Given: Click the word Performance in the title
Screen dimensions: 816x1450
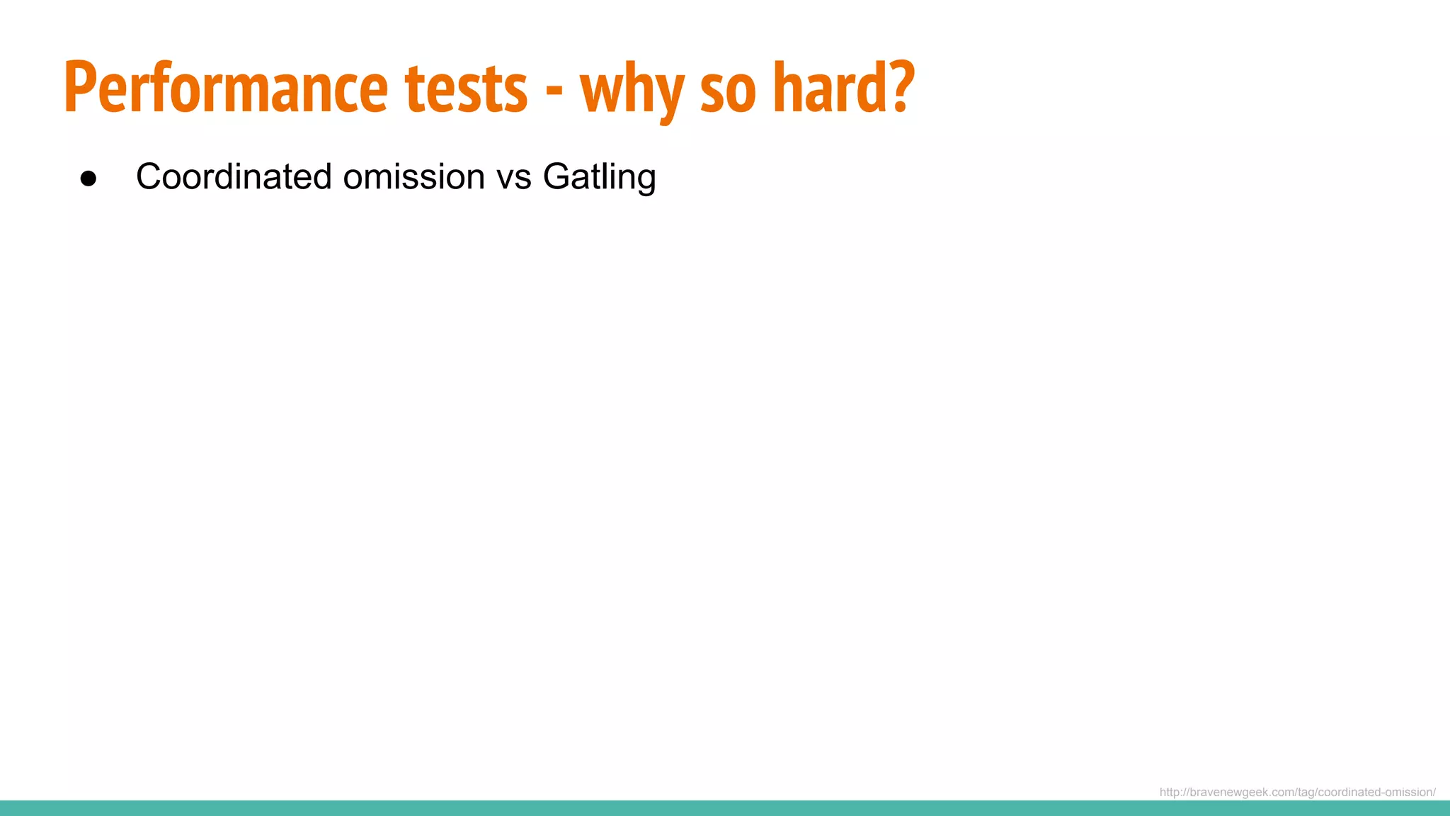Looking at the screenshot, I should (225, 89).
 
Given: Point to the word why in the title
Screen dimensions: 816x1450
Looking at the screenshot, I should (632, 92).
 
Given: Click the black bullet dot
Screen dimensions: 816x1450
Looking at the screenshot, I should (89, 178).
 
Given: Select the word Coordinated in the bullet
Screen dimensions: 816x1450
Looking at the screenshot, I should (234, 176).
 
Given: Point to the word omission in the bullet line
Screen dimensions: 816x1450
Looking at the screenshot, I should (414, 176).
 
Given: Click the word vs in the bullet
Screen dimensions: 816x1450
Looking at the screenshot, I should (514, 178).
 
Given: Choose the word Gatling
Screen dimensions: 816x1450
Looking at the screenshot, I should (599, 177).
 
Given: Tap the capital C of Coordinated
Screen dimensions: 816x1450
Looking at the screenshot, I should (149, 176).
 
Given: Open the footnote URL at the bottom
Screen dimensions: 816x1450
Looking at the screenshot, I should (1297, 792).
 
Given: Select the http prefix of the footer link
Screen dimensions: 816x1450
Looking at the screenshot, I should (1170, 792).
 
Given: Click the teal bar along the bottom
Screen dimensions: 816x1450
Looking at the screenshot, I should (725, 808).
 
